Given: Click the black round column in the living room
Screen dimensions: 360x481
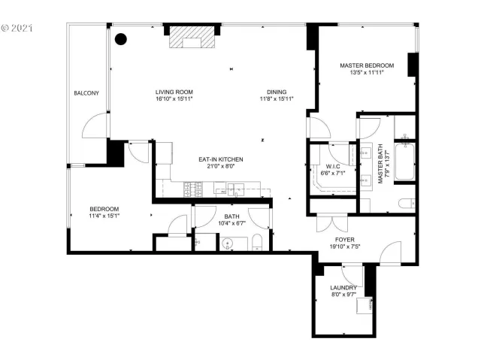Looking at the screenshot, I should pos(119,41).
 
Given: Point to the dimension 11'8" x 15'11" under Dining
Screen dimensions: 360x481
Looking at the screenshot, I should pos(276,98).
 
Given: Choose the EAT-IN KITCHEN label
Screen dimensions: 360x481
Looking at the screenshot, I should pos(220,159).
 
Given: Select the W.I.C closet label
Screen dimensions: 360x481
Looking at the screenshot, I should pos(333,166).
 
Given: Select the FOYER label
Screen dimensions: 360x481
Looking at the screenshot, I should pos(345,241).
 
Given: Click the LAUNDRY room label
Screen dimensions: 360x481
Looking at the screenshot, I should pos(343,288).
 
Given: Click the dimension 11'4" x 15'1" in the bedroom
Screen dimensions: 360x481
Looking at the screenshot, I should pos(104,216).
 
